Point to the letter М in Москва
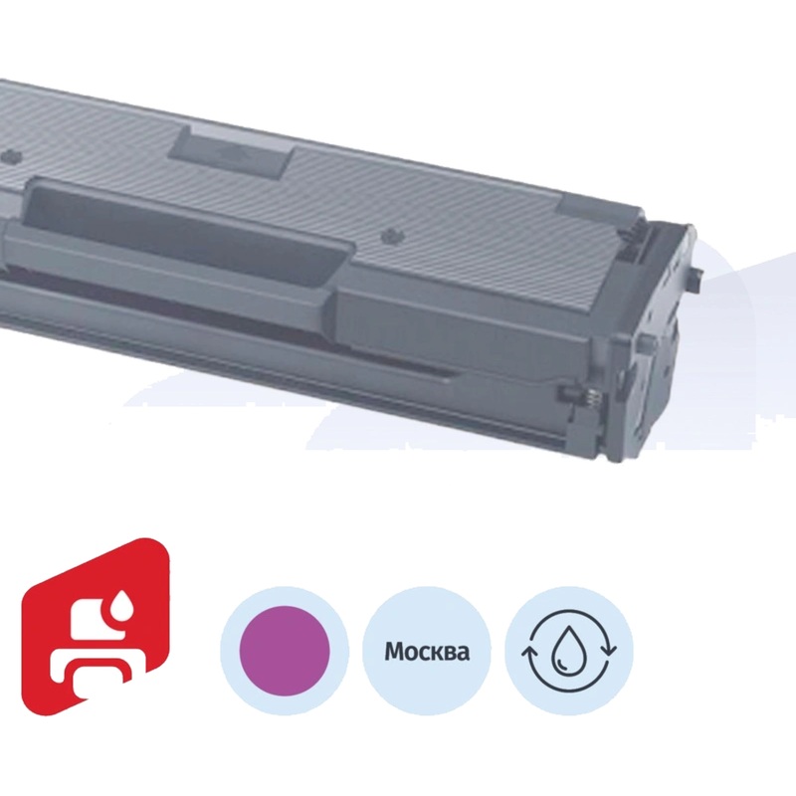pyautogui.click(x=394, y=654)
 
